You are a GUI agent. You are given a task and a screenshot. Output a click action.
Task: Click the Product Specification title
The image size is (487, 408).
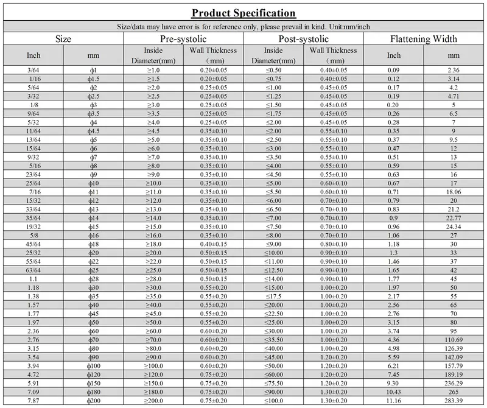pyautogui.click(x=243, y=13)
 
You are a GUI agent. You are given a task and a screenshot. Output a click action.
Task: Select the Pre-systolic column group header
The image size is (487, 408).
pyautogui.click(x=183, y=39)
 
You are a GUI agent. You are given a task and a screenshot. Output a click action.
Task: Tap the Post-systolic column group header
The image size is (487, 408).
pyautogui.click(x=303, y=39)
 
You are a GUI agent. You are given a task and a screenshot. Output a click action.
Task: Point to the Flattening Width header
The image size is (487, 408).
pyautogui.click(x=424, y=39)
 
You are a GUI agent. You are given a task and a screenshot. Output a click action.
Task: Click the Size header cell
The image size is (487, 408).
pyautogui.click(x=63, y=39)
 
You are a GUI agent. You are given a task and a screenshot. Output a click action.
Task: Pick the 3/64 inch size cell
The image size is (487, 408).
pyautogui.click(x=34, y=70)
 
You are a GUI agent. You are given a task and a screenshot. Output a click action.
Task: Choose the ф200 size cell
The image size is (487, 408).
pyautogui.click(x=93, y=401)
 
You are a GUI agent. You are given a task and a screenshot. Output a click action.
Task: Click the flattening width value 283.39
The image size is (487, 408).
pyautogui.click(x=454, y=401)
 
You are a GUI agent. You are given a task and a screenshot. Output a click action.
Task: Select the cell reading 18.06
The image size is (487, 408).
pyautogui.click(x=454, y=191)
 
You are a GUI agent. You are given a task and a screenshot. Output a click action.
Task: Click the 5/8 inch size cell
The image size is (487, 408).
pyautogui.click(x=34, y=234)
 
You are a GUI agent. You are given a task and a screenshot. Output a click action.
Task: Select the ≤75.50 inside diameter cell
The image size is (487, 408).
pyautogui.click(x=273, y=384)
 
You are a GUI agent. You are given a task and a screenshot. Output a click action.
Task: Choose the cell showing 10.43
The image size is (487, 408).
pyautogui.click(x=394, y=393)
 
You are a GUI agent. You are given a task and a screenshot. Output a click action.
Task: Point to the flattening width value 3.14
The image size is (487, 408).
pyautogui.click(x=454, y=79)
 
